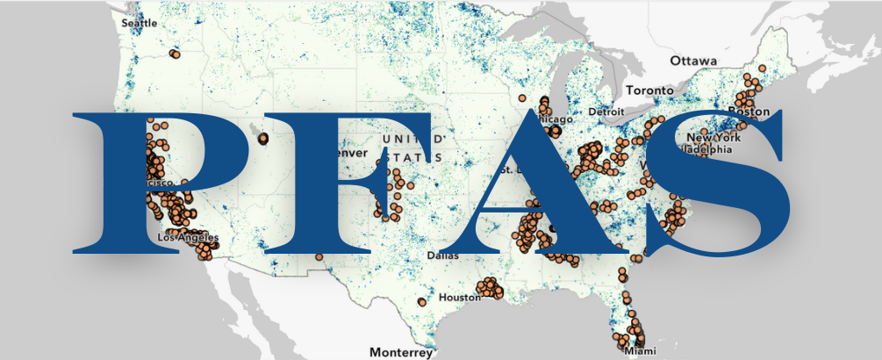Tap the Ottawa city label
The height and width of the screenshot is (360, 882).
tap(692, 61)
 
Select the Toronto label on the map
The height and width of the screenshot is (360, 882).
tap(649, 90)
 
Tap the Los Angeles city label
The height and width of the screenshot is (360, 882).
tap(185, 237)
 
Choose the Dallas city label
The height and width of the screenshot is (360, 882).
tap(441, 256)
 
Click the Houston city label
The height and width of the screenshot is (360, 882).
tap(459, 298)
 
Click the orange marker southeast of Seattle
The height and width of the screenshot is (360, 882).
tap(175, 54)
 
